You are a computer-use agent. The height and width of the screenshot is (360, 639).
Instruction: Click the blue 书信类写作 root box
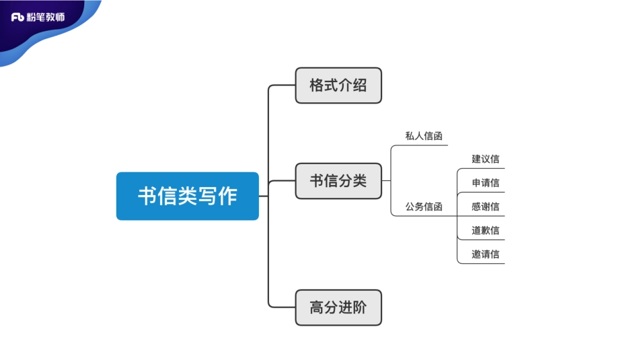click(x=187, y=196)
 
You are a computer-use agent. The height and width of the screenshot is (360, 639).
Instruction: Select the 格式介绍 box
click(x=338, y=85)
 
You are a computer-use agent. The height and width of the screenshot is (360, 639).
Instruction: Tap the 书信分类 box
click(x=338, y=180)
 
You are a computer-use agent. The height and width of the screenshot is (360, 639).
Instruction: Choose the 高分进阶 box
click(x=338, y=308)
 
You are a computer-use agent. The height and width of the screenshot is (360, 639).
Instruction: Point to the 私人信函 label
click(x=424, y=136)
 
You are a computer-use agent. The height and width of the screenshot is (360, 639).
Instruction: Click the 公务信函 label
click(x=424, y=207)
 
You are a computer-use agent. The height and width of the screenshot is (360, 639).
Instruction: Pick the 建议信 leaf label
click(x=485, y=159)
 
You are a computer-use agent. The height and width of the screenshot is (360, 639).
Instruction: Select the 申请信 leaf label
click(x=485, y=183)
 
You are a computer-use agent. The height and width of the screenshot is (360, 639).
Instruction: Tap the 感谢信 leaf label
click(x=485, y=207)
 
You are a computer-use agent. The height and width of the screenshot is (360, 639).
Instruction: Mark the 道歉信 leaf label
click(x=485, y=230)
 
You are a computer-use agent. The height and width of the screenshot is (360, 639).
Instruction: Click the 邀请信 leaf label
click(x=485, y=254)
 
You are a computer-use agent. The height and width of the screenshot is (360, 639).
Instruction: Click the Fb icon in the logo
click(x=18, y=17)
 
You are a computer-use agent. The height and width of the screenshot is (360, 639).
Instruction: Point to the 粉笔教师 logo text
click(x=46, y=17)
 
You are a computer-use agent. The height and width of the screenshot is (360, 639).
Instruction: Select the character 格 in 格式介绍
click(x=317, y=85)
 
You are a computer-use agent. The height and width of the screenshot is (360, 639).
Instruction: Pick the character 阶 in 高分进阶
click(x=360, y=308)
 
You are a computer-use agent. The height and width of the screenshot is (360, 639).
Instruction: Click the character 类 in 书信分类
click(x=360, y=180)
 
